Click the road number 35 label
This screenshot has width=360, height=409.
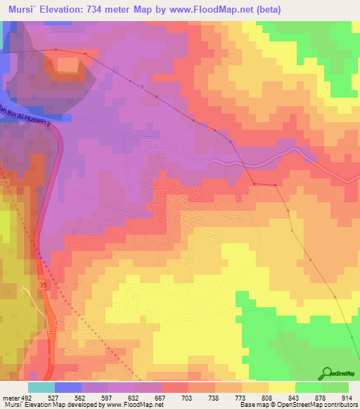44,285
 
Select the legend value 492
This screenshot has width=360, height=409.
29,398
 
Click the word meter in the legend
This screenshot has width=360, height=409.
11,398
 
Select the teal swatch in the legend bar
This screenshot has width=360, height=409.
41,387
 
